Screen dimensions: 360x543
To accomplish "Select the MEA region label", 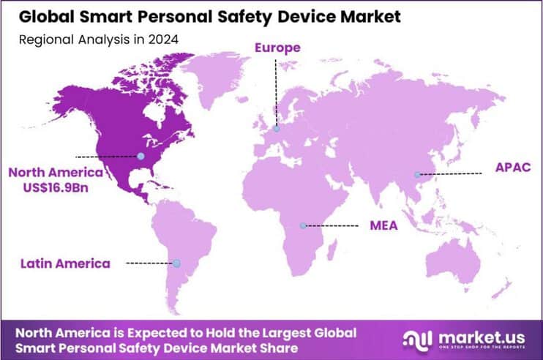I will (x=383, y=225).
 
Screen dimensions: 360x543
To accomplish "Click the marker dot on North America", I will (x=141, y=156).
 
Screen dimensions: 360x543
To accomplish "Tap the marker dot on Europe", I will (x=276, y=129).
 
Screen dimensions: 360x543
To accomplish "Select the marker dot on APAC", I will (x=417, y=174).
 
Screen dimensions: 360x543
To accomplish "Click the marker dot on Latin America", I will (x=176, y=263).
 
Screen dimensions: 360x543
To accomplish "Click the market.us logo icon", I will (x=416, y=340).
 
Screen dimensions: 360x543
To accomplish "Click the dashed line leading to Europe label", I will (x=276, y=91).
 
